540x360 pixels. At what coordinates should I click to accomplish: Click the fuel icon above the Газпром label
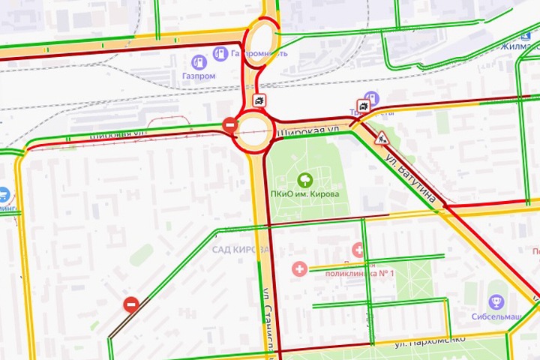(x=199, y=61)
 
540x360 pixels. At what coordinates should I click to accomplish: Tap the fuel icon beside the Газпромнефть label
(x=219, y=53)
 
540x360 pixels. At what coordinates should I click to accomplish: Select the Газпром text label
(x=199, y=76)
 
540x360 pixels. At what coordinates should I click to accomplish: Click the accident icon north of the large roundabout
(x=259, y=101)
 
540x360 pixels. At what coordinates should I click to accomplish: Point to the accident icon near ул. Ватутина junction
(x=364, y=106)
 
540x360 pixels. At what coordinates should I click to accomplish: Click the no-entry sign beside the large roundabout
(x=230, y=124)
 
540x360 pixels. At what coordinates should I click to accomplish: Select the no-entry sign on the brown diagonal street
(x=131, y=304)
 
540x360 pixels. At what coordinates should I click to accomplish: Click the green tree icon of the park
(x=305, y=179)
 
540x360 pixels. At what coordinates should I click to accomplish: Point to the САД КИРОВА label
(x=240, y=249)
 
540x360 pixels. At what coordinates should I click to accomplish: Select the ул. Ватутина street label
(x=410, y=180)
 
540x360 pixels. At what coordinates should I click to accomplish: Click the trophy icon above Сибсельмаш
(x=496, y=301)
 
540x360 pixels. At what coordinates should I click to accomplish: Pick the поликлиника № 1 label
(x=358, y=274)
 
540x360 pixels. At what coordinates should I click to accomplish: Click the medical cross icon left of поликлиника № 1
(x=300, y=268)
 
